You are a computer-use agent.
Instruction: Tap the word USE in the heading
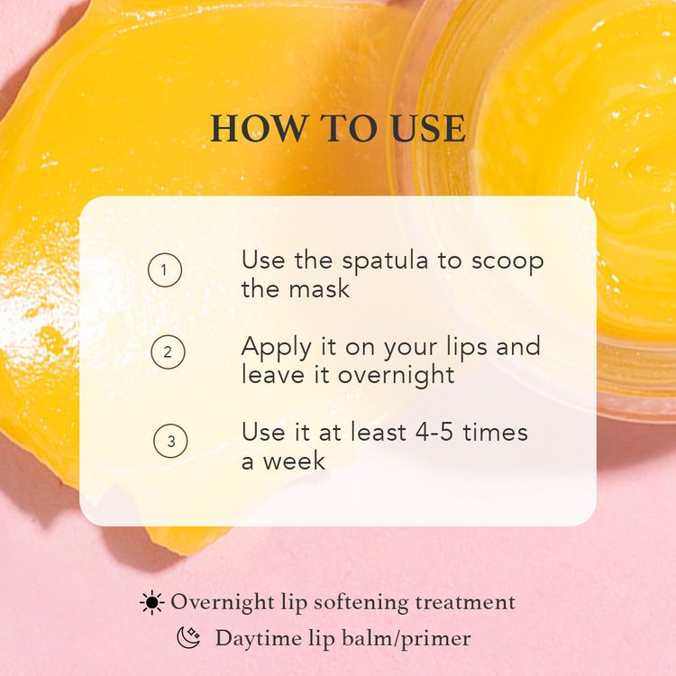tap(428, 129)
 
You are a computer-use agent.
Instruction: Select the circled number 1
tap(165, 270)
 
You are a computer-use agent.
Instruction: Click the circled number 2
tap(168, 352)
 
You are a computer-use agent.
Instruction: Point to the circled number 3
tap(170, 441)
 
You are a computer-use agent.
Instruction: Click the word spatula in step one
tap(386, 262)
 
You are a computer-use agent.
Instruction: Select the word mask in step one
tap(319, 288)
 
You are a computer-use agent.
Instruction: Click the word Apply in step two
tap(277, 349)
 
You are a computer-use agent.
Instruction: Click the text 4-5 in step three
tap(434, 432)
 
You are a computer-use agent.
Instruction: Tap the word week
tap(294, 461)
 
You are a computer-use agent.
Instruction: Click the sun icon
tap(151, 602)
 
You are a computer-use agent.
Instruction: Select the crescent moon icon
tap(189, 637)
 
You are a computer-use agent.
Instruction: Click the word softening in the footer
tap(361, 603)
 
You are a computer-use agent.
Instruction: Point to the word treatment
tap(466, 603)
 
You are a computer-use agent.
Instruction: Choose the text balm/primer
tap(407, 639)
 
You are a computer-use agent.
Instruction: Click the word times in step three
tap(496, 432)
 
